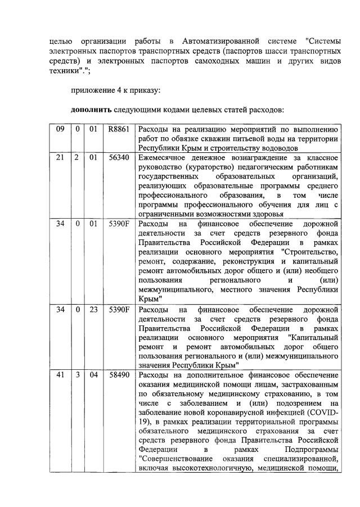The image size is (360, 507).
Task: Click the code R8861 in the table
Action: tap(119, 129)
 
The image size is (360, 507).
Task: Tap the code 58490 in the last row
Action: tap(119, 376)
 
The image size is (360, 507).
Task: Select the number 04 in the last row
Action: tap(93, 376)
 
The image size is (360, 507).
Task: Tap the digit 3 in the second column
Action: tap(77, 376)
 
